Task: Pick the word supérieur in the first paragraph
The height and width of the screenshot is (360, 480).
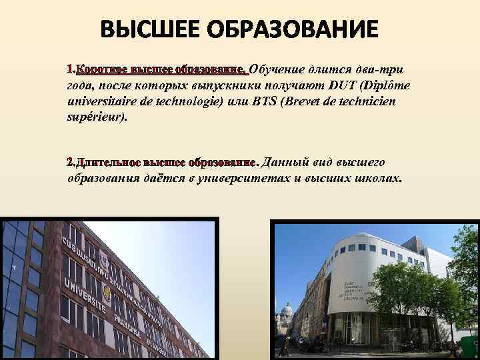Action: (x=95, y=118)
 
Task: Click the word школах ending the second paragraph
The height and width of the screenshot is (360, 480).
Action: (x=378, y=178)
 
